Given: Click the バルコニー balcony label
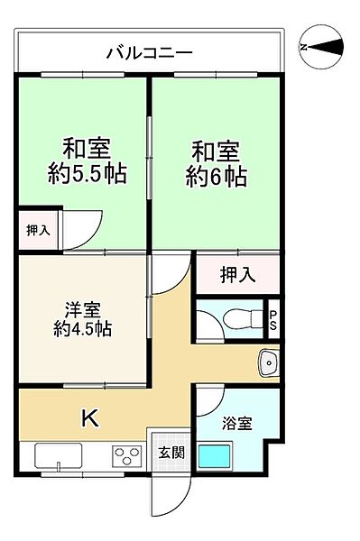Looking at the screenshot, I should point(149,53).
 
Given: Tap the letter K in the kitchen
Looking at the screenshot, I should point(90,417).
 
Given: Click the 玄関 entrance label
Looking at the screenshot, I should point(171,453).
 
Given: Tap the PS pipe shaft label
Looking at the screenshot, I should point(274,319).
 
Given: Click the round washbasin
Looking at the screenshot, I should point(269,363).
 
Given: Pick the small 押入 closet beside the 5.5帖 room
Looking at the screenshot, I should point(36,231).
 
